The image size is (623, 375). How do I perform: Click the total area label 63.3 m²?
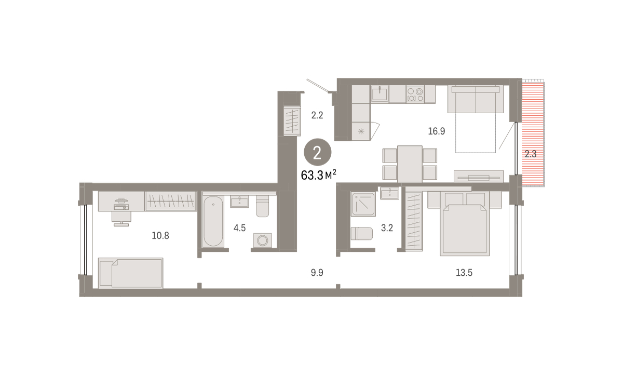[318, 175]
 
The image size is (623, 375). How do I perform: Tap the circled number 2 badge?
[317, 153]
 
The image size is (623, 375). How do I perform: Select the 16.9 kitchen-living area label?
[437, 131]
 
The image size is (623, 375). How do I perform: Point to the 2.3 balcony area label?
[531, 154]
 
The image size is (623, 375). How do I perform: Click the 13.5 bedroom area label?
[464, 273]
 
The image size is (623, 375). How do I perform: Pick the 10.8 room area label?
[160, 236]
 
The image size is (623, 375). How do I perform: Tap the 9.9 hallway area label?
[317, 273]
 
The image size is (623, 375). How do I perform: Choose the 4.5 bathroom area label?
[239, 228]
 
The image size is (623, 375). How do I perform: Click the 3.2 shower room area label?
[387, 228]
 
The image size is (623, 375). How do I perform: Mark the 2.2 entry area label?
[317, 115]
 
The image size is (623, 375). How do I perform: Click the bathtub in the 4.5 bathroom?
[213, 221]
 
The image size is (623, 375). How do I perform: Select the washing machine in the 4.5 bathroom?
[262, 240]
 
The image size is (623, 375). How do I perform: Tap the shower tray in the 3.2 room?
[363, 204]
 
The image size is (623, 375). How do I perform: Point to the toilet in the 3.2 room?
[361, 233]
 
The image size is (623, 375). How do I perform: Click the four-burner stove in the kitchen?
[415, 95]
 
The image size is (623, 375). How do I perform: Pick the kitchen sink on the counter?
[380, 93]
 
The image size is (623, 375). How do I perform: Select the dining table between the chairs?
[410, 164]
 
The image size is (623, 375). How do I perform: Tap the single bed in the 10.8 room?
[130, 273]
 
